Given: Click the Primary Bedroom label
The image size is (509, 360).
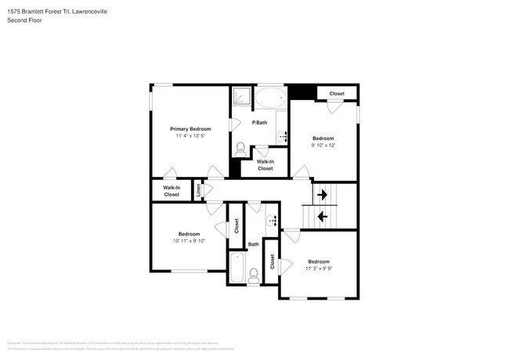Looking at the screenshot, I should pos(190,128).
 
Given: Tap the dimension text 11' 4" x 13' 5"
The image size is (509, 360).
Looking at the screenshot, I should pos(190,136).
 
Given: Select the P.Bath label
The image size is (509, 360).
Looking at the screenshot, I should pos(259,123).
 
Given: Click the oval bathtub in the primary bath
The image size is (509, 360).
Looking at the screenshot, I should pos(271,99).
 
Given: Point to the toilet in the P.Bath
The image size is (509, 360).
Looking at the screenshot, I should pos(240,148).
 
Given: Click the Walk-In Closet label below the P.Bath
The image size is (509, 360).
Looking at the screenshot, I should pos(265,165).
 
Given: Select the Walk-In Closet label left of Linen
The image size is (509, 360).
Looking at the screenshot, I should pos(171,191).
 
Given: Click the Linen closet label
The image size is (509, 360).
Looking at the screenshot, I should pos(199,190).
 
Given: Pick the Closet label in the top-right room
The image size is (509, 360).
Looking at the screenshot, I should pos(337,94).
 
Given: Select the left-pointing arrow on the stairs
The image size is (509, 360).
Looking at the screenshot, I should pos(322,214).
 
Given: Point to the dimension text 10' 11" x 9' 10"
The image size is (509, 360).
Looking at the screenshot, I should pos(189,241).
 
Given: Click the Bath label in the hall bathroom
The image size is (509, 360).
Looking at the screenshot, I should pos(254,245).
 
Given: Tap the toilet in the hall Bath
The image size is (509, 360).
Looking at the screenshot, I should pos(254,275).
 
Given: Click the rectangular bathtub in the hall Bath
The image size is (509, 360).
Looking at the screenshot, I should pos(236,267).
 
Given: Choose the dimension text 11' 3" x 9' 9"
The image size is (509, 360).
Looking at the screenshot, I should pos(319,268).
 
